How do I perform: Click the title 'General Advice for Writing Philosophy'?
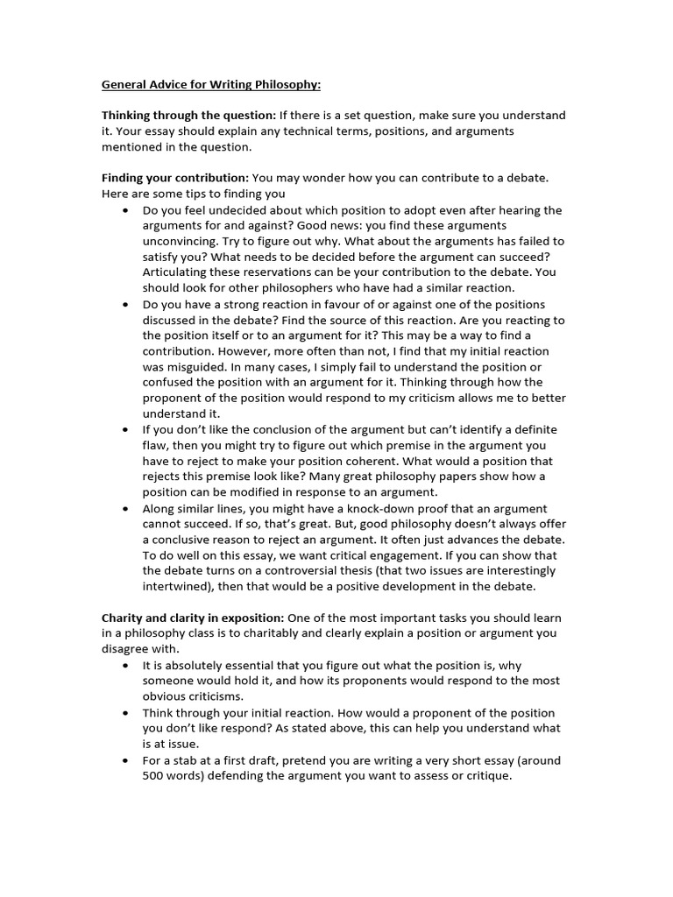pos(211,85)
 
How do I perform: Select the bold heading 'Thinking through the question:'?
pos(188,116)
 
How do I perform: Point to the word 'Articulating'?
pos(178,272)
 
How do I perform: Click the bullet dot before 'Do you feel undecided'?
pos(127,210)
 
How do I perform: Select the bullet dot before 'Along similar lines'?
pos(127,509)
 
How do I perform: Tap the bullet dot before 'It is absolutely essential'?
pos(127,666)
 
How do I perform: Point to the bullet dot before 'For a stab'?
pos(127,760)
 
